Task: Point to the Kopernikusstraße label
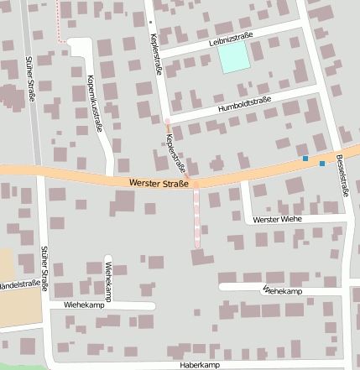pyautogui.click(x=93, y=103)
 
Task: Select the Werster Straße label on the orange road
pyautogui.click(x=159, y=182)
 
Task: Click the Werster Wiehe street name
pyautogui.click(x=276, y=218)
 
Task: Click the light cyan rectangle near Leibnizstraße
pyautogui.click(x=233, y=57)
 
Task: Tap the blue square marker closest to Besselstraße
pyautogui.click(x=322, y=164)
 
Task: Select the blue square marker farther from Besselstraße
pyautogui.click(x=305, y=159)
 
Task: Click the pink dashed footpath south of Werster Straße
pyautogui.click(x=197, y=217)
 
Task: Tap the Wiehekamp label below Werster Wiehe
pyautogui.click(x=282, y=289)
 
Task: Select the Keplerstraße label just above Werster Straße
pyautogui.click(x=175, y=152)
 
